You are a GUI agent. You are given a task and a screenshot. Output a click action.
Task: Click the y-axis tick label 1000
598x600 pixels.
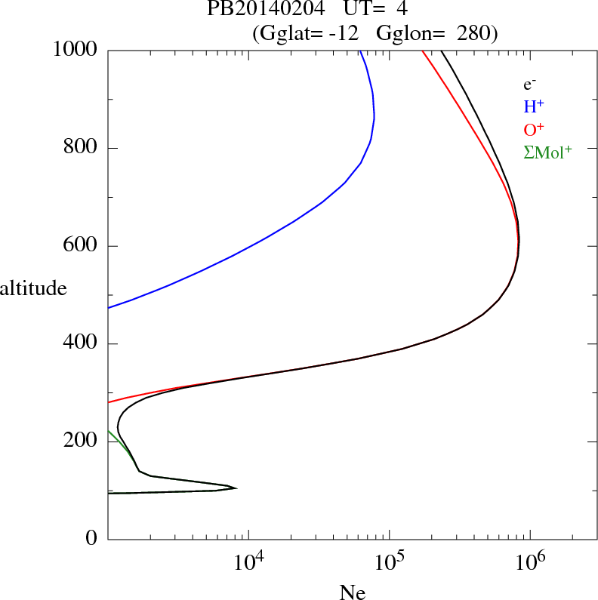76,50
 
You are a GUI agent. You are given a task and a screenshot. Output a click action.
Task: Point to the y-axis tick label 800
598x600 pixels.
82,148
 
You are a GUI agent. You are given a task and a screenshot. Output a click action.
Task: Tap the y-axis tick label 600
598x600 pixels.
82,246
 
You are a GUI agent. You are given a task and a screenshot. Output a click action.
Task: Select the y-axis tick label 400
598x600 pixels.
82,344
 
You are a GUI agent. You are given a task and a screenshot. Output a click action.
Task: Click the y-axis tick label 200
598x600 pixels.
82,442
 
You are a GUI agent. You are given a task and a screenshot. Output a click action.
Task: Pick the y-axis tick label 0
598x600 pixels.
93,540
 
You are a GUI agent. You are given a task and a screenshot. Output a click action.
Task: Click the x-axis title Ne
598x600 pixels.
352,592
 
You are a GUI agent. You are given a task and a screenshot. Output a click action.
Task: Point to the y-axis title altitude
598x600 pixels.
34,288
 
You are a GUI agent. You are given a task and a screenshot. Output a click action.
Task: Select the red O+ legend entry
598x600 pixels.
535,130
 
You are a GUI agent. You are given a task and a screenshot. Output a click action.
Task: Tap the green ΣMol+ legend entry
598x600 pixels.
547,152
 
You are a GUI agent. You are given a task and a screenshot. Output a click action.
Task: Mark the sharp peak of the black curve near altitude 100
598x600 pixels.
236,488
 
